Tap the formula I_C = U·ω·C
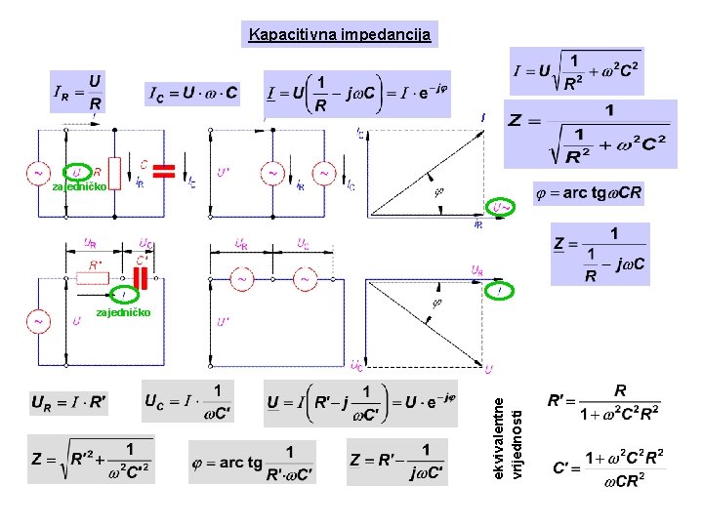point(192,95)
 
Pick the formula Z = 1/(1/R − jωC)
point(600,254)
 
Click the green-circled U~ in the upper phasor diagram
point(501,207)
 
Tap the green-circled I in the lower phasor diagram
point(500,290)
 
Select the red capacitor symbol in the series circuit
point(143,278)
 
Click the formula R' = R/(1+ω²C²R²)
point(607,401)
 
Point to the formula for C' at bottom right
point(607,466)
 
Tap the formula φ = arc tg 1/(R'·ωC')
point(252,462)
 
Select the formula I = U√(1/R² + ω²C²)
point(576,71)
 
